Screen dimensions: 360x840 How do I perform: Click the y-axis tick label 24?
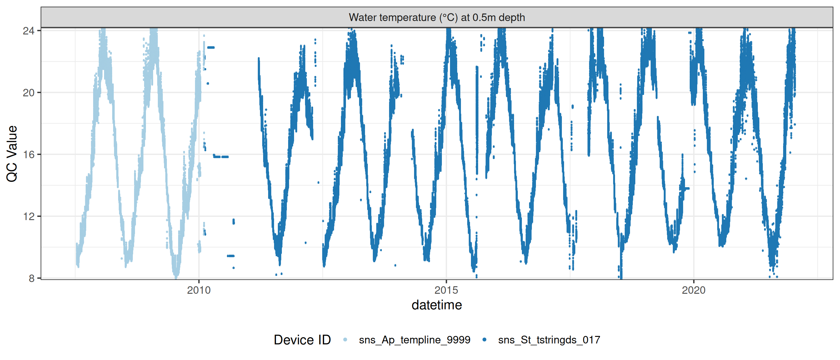click(28, 31)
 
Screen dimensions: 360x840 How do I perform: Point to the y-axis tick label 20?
click(28, 93)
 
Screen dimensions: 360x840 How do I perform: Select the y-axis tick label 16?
click(28, 155)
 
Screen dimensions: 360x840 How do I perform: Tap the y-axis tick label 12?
click(28, 217)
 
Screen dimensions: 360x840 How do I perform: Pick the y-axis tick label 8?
click(32, 278)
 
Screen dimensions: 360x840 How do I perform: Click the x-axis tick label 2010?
click(199, 290)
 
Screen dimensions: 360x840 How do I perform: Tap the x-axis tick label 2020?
click(693, 290)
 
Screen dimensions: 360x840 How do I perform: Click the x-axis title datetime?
click(437, 305)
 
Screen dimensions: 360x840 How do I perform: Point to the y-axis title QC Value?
click(12, 153)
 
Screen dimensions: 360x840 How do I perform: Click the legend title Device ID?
click(302, 340)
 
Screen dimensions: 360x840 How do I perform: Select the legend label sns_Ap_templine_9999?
click(414, 340)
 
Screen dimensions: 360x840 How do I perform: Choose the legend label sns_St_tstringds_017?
click(549, 340)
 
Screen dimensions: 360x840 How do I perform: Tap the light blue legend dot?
click(345, 340)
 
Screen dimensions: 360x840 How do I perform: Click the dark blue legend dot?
click(484, 340)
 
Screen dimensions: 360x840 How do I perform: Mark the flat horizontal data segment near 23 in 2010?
click(211, 47)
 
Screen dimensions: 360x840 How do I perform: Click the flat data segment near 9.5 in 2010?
click(231, 256)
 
